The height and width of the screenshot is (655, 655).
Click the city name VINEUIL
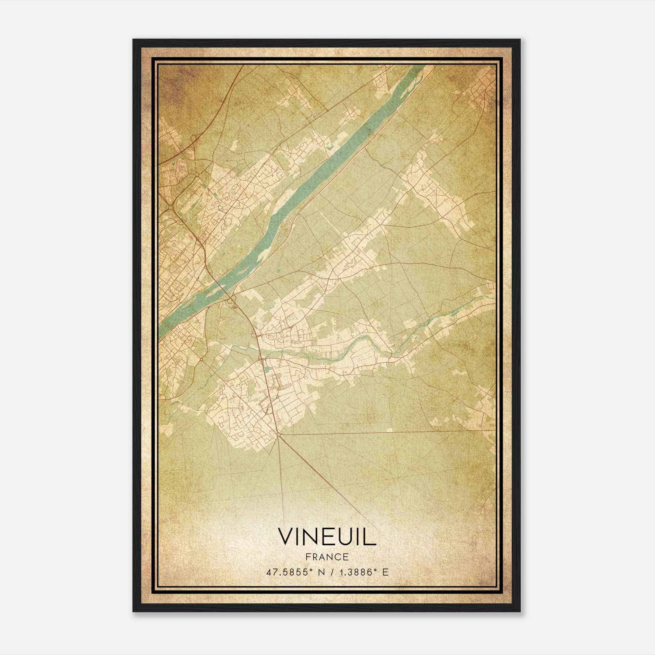pos(327,537)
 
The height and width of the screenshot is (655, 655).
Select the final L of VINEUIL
pos(371,537)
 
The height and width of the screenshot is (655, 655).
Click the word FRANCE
pos(327,557)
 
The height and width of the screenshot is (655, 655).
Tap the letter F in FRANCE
pos(308,557)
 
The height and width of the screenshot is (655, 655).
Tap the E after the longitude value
pos(385,572)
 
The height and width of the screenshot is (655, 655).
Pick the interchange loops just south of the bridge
pos(232,300)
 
